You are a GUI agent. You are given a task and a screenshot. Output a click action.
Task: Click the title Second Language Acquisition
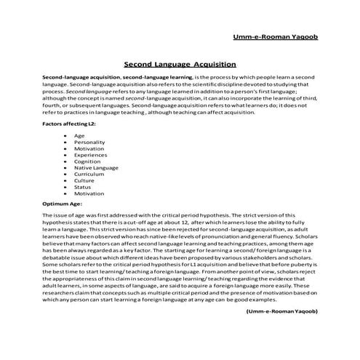[x=180, y=64]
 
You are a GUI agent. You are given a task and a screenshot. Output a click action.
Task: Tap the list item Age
[x=80, y=136]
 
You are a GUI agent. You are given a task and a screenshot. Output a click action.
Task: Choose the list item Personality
[x=89, y=143]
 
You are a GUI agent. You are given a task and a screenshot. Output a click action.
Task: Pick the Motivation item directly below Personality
[x=89, y=149]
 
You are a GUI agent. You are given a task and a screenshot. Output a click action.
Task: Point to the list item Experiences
[x=90, y=156]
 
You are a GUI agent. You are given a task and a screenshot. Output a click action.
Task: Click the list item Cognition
[x=88, y=162]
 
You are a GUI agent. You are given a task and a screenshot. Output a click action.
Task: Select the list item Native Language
[x=95, y=169]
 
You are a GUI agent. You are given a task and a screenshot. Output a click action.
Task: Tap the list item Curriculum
[x=89, y=175]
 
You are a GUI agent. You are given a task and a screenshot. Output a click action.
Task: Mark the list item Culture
[x=84, y=182]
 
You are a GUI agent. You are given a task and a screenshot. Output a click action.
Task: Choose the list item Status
[x=83, y=188]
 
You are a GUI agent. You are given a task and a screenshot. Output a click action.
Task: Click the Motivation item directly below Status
[x=89, y=194]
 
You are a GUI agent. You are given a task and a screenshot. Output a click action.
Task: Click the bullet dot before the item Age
[x=67, y=136]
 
